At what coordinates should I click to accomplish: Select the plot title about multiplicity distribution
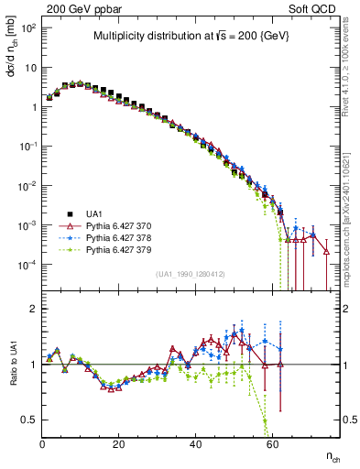click(192, 37)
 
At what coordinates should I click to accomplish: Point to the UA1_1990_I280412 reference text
click(191, 274)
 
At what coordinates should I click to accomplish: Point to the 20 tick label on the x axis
click(119, 442)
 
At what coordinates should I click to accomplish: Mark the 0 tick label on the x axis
click(43, 442)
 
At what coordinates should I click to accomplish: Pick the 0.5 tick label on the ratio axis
click(29, 420)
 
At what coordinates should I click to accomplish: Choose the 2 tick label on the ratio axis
click(33, 309)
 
